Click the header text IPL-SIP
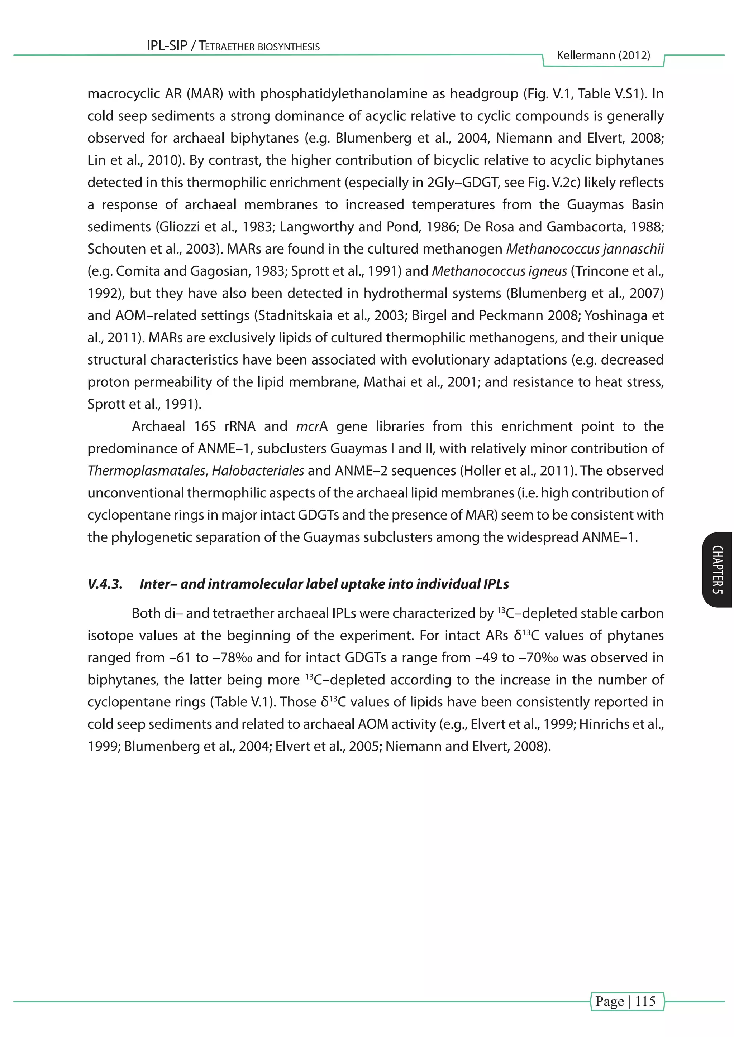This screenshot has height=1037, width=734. [167, 46]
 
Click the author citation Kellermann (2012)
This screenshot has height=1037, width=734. [604, 56]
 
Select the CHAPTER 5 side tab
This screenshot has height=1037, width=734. [717, 570]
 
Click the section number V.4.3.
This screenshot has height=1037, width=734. [105, 584]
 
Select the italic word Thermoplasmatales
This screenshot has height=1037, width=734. [147, 471]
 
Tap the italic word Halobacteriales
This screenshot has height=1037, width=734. [258, 471]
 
